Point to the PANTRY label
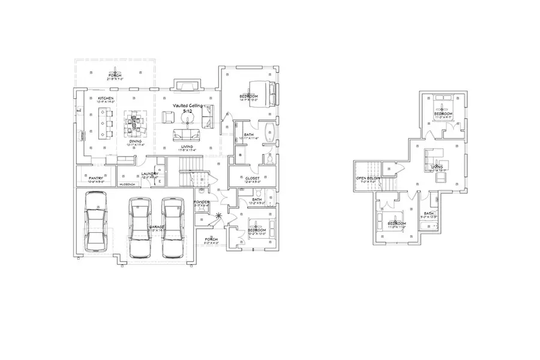[96, 178]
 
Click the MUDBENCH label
[127, 184]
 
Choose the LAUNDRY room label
[149, 174]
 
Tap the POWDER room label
[202, 202]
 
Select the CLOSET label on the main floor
[252, 178]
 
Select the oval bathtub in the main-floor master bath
[269, 131]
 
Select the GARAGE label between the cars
[157, 227]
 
